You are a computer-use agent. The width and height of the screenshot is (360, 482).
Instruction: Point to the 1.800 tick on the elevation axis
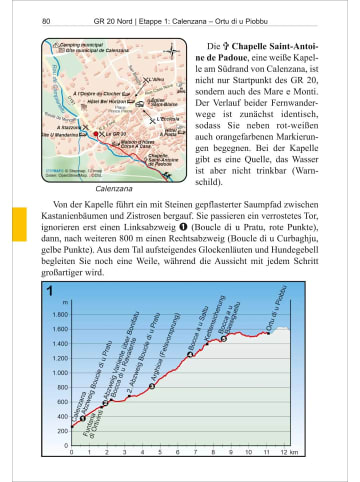(59, 315)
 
